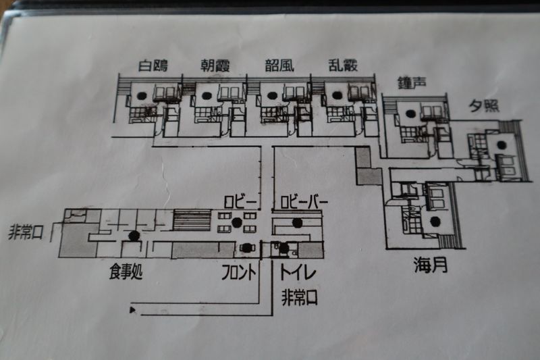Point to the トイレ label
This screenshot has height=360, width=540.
299,273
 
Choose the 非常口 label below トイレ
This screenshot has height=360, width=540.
300,297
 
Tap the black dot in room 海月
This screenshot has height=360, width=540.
433,222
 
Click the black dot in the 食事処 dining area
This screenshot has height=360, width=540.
134,236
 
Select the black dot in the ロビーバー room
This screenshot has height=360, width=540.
297,222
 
